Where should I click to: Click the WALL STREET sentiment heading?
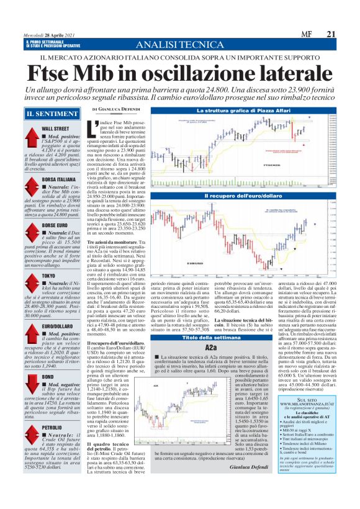tap(55, 128)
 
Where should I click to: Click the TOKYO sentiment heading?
tap(50, 275)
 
